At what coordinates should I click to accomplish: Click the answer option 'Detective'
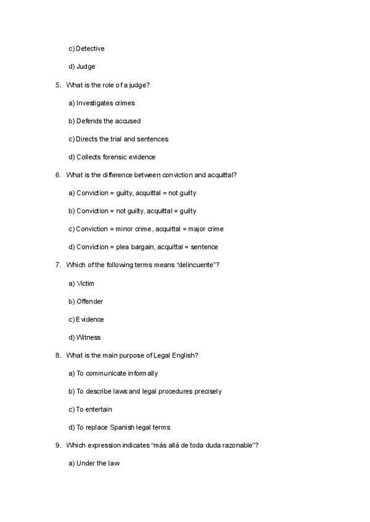(90, 49)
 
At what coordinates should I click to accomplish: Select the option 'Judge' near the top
(86, 66)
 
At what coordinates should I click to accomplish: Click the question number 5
(58, 85)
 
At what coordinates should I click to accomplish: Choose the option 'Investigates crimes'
(105, 103)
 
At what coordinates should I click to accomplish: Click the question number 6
(58, 175)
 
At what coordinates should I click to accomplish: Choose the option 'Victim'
(86, 283)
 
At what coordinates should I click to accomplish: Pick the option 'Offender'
(90, 301)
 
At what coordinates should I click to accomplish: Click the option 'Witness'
(89, 337)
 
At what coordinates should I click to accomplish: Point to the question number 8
(58, 355)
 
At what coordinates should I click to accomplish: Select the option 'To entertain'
(94, 409)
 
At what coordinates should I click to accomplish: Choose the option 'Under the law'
(98, 463)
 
